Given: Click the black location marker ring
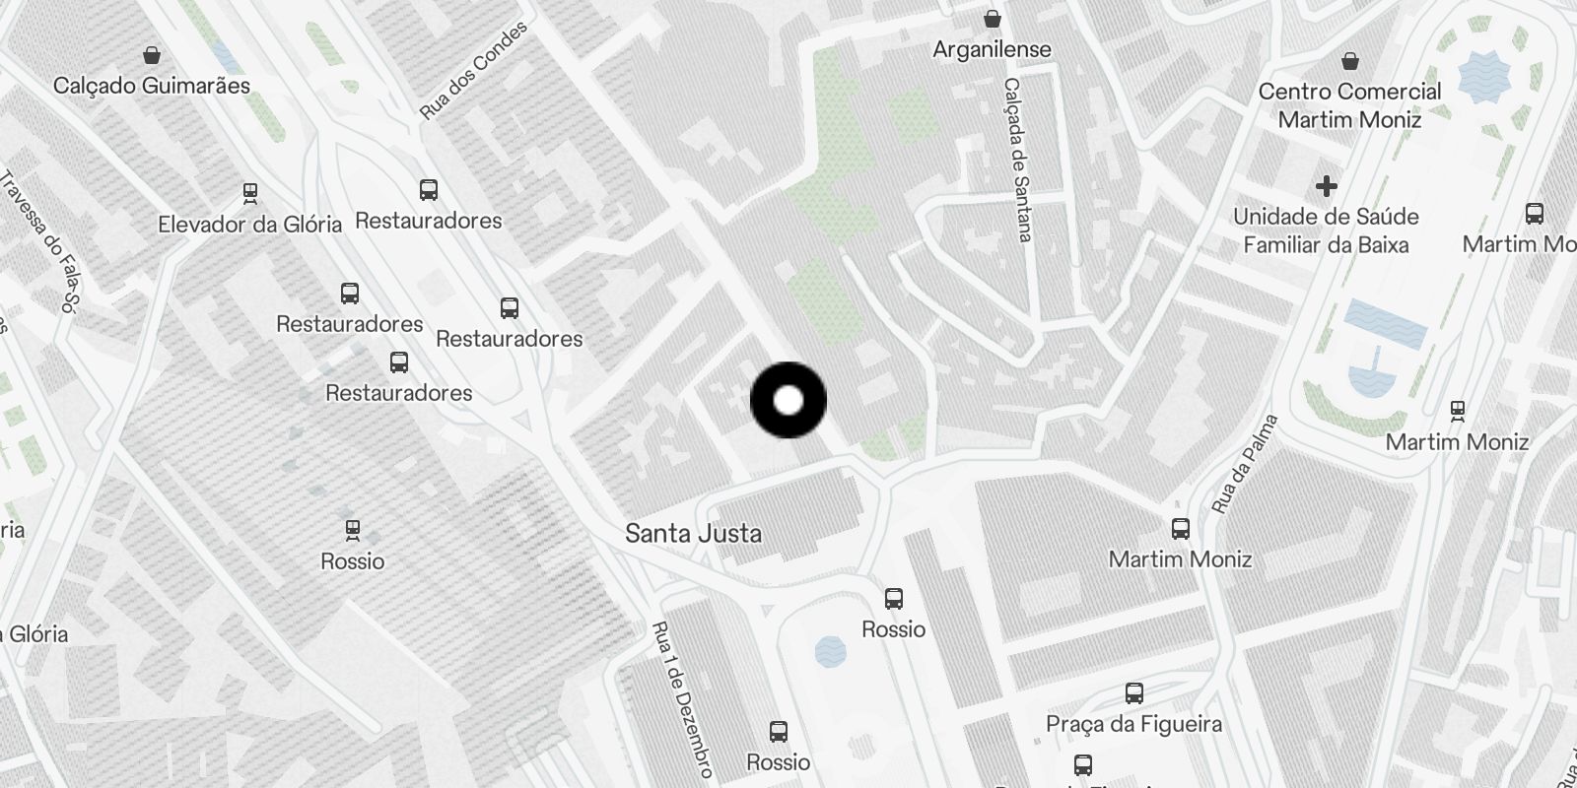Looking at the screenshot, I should click(788, 400).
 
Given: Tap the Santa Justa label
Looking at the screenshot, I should click(693, 534).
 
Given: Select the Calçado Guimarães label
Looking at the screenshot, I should click(152, 86).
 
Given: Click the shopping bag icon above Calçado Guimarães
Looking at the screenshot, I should click(152, 54).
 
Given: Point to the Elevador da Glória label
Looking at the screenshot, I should click(249, 225).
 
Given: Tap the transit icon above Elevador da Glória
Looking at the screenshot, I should click(250, 192).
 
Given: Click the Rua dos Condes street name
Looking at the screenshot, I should click(473, 71).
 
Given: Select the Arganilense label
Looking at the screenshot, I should click(992, 49).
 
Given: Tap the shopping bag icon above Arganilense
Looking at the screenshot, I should click(993, 19).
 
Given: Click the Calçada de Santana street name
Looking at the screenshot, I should click(1017, 160).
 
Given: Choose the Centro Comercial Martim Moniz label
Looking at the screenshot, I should click(1349, 105).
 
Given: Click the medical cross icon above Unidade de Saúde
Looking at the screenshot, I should click(1327, 185).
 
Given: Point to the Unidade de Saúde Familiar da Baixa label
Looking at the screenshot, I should click(1326, 230).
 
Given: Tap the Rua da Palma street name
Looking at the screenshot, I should click(1244, 464).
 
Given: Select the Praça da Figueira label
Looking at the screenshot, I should click(1133, 724).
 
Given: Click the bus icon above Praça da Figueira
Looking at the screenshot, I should click(1134, 693).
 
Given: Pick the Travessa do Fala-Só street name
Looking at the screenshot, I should click(37, 241).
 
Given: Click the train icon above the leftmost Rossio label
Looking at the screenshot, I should click(353, 530).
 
